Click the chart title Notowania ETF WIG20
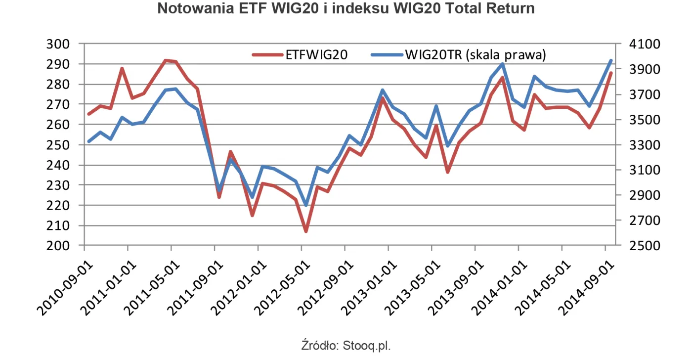click(346, 9)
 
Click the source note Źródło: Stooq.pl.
click(346, 345)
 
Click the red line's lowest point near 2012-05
click(306, 231)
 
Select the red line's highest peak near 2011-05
click(166, 60)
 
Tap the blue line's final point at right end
click(611, 61)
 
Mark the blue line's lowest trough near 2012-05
click(306, 205)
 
